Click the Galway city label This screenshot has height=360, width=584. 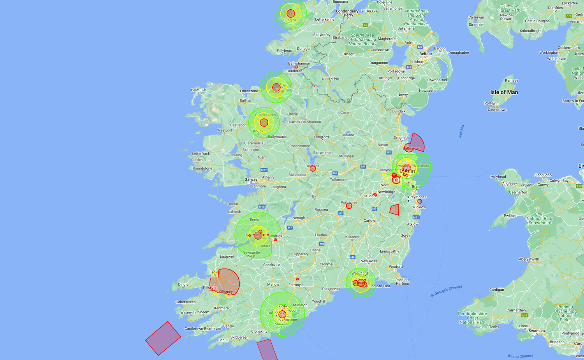point(251,179)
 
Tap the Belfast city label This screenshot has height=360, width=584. point(426,54)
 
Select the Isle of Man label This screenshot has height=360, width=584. point(504,92)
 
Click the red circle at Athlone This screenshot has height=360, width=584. point(313,169)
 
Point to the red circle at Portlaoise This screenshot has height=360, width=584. point(349,206)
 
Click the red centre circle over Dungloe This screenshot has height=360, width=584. point(290,14)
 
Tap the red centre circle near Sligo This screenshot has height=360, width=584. point(276,87)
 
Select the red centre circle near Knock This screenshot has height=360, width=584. point(264,123)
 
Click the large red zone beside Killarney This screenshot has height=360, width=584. point(225,282)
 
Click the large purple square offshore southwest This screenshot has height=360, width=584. point(163,338)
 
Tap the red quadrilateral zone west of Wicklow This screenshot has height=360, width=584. point(395,210)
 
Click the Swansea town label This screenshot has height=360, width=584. point(537,331)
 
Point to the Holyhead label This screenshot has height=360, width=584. point(498,177)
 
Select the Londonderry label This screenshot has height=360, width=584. point(347,11)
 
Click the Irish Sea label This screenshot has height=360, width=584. point(461,131)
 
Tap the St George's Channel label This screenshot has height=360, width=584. point(446,291)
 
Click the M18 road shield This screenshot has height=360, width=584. point(262,207)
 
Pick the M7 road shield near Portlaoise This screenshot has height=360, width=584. point(341,213)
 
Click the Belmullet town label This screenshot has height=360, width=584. point(199,90)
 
